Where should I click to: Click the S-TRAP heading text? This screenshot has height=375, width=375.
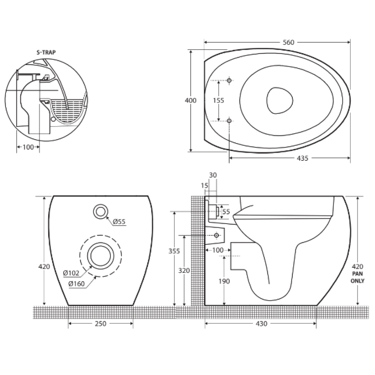pos(46,52)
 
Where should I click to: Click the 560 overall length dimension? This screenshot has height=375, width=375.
pos(288,42)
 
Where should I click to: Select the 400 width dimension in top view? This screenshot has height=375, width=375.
pos(191,101)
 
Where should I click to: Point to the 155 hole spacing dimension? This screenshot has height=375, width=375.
pos(218,101)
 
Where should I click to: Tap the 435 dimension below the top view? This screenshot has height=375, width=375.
pos(302,158)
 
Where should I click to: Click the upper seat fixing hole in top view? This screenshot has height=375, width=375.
pos(229,81)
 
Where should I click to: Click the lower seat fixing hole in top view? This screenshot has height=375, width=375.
pos(229,121)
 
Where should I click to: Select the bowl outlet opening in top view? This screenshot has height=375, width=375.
pos(280,100)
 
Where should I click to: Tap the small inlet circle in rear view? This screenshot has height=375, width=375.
pos(101,211)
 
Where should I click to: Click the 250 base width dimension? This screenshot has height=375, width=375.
pos(100,324)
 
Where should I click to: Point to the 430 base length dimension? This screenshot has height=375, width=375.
pos(261,324)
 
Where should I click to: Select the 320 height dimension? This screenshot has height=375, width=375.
pos(184,270)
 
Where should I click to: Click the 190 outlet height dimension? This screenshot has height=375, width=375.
pos(224,281)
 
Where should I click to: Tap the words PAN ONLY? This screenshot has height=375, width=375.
pos(358,277)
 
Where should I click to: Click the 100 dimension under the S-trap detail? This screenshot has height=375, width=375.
pos(28,147)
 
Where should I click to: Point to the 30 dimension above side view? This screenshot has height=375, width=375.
pos(213,175)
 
